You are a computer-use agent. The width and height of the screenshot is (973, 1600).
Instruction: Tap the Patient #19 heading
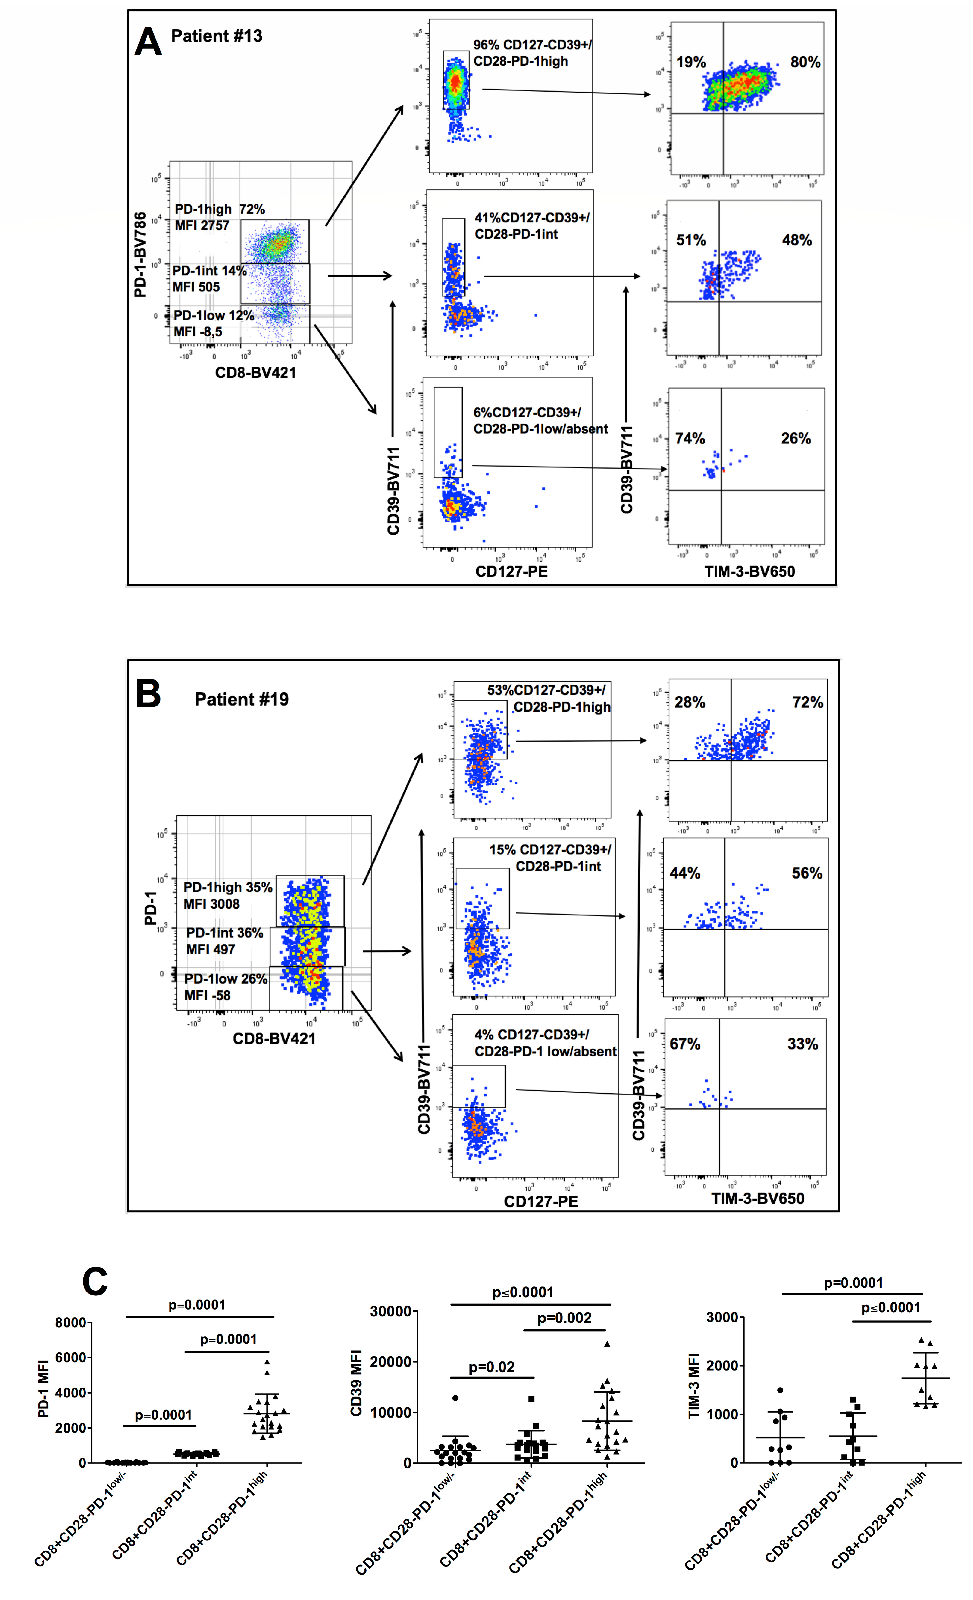coord(242,699)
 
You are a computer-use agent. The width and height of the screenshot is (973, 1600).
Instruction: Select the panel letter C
coord(95,1281)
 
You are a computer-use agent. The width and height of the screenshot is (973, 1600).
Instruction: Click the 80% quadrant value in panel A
coord(805,62)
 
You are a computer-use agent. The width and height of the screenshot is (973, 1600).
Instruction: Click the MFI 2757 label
coord(202,225)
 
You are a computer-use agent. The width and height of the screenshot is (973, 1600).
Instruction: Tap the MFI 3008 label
coord(211,904)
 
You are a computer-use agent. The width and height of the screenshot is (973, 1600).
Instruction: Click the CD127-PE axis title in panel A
coord(511,571)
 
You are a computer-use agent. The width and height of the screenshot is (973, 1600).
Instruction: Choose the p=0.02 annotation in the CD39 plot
coord(491,1367)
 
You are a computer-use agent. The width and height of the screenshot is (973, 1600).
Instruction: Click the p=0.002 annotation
coord(564,1317)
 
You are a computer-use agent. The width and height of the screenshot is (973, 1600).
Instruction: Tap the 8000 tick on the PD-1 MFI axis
coord(70,1323)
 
